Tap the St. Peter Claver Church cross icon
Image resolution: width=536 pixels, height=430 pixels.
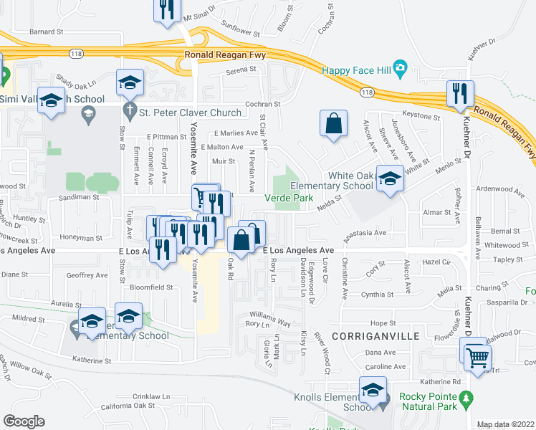(x=130, y=112)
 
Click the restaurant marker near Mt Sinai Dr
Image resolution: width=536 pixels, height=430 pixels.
(x=167, y=10)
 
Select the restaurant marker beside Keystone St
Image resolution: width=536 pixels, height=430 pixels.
(x=459, y=92)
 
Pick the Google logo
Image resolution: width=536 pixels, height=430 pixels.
(x=24, y=421)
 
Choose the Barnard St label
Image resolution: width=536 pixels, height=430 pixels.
(x=47, y=32)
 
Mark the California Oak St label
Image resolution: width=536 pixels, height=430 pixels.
(x=128, y=406)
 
